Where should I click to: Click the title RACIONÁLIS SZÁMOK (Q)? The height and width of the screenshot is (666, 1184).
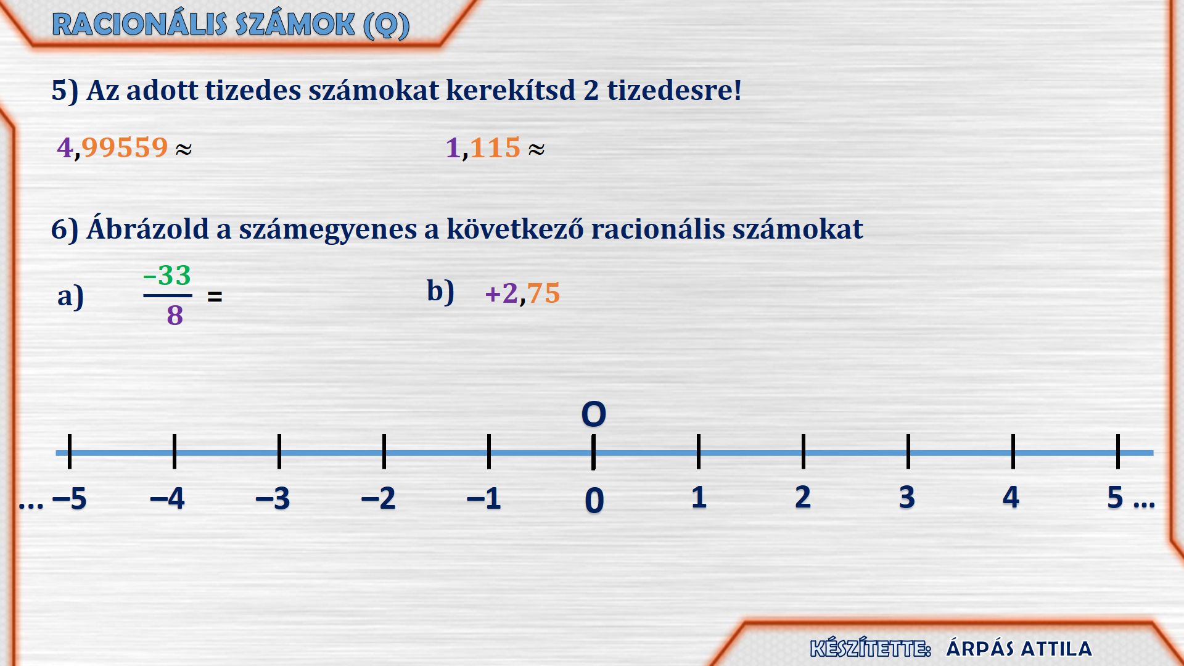(x=231, y=25)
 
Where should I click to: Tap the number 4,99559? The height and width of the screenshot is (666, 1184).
(x=112, y=148)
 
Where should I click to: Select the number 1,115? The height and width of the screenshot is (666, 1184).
(x=483, y=148)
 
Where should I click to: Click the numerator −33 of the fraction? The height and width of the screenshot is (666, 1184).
(x=167, y=275)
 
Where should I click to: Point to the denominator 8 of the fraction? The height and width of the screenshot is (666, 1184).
(x=175, y=315)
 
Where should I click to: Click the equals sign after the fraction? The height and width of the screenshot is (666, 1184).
(x=215, y=297)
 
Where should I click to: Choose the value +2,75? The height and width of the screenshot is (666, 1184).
(x=522, y=293)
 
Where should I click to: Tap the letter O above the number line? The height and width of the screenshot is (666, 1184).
(x=594, y=414)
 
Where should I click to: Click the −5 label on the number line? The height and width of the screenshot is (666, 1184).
(x=70, y=498)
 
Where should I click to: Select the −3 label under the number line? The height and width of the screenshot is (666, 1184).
(x=273, y=498)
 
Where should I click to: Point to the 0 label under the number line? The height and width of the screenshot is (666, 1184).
(x=594, y=500)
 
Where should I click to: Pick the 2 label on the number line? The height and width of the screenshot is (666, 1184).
(x=803, y=497)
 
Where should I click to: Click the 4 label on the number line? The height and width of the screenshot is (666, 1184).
(x=1011, y=497)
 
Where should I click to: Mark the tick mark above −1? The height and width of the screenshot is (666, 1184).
(x=489, y=451)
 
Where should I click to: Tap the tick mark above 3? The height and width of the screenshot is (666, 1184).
(x=908, y=451)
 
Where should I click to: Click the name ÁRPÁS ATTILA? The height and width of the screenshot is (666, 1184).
(x=1019, y=648)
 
